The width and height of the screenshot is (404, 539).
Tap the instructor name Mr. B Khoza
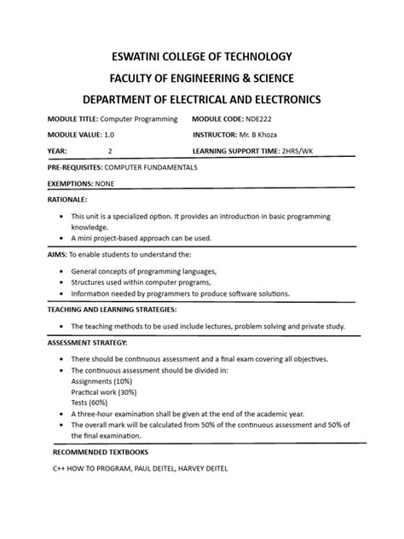coord(273,135)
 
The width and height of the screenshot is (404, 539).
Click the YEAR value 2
coord(110,151)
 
